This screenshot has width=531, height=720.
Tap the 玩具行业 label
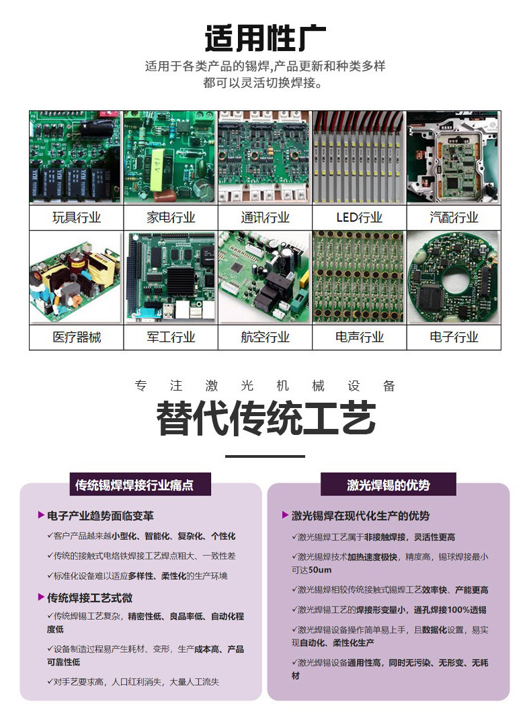77,217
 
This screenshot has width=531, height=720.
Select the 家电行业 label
171,217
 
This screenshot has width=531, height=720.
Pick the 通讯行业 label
265,217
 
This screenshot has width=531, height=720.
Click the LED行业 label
359,217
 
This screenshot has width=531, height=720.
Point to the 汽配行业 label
454,217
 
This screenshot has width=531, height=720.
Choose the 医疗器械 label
77,337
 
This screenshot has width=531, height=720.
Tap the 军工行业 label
171,337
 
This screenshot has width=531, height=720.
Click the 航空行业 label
265,337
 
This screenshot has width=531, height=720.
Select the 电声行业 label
359,337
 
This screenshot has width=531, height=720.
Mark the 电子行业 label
454,337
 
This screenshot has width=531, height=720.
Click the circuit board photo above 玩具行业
76,157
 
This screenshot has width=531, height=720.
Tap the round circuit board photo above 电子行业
454,278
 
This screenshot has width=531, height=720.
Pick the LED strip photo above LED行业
359,157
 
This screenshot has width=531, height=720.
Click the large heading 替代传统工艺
265,418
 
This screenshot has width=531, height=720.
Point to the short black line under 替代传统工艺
265,456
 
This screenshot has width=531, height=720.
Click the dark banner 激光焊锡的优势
388,485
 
